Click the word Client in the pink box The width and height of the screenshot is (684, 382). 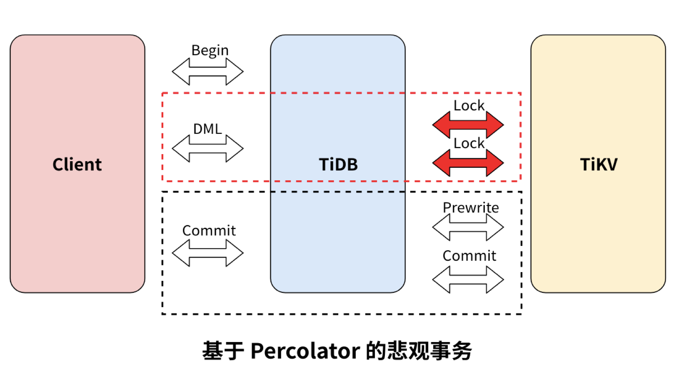coord(77,165)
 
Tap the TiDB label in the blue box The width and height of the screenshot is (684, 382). coord(338,165)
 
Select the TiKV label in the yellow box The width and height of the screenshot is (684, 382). coord(599,165)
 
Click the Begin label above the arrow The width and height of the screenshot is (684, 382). coord(210,50)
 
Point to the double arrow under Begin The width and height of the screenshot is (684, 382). coord(207,72)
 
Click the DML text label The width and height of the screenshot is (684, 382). coord(207,129)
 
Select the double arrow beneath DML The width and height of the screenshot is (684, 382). coord(207,148)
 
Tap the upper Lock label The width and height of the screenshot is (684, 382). coord(469,106)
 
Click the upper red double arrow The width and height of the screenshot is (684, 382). coord(468,125)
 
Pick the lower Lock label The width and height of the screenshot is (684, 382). coord(469,143)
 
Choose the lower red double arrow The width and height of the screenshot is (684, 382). coord(468,163)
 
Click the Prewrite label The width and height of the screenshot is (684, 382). coord(471,207)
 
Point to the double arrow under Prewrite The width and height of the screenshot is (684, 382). coord(468,227)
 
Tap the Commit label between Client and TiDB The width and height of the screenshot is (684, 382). coord(209,230)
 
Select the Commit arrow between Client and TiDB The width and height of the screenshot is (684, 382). coord(207,253)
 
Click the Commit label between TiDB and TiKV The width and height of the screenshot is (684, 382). coord(469,255)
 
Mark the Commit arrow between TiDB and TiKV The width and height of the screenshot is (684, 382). coord(468,280)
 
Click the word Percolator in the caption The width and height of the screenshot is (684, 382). coord(305,351)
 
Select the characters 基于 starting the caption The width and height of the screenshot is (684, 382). coord(223,351)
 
